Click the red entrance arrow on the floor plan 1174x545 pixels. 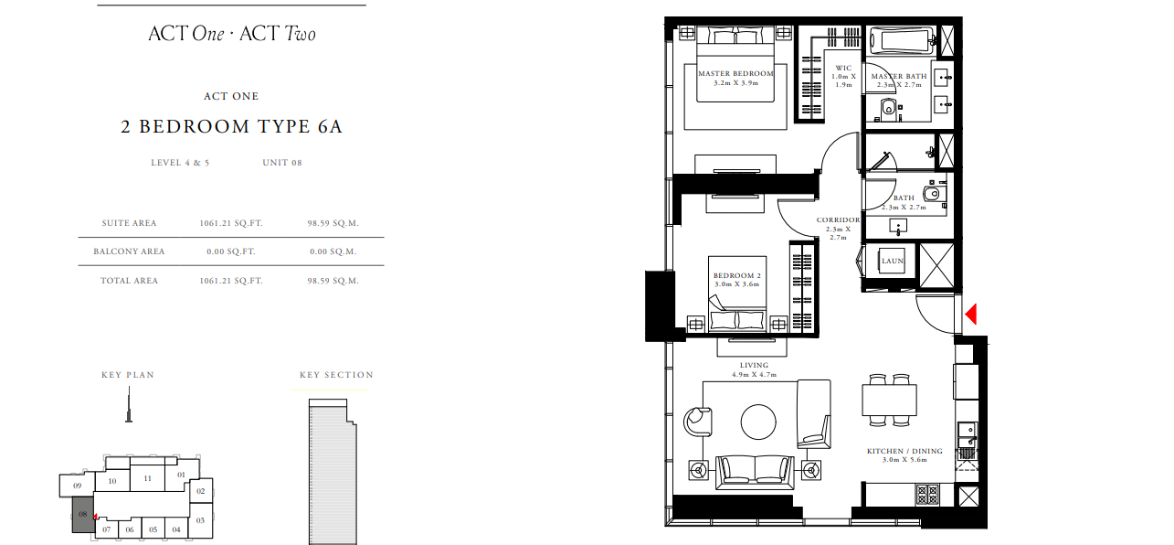coord(970,315)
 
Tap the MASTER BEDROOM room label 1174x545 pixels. coord(735,73)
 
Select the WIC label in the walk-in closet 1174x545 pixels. coord(843,69)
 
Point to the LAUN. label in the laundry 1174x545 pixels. coord(893,261)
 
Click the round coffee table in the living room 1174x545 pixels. coord(758,422)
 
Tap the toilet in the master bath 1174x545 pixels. coord(888,109)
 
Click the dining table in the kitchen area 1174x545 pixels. coord(890,400)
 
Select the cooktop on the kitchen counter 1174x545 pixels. coord(927,494)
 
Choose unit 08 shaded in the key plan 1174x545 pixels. coord(83,515)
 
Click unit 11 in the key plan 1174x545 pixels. coord(147,478)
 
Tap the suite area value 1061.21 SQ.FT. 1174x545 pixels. coord(230,223)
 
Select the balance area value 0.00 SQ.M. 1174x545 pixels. coord(333,251)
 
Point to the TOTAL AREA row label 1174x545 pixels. coord(129,281)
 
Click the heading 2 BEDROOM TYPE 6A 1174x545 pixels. coord(231,126)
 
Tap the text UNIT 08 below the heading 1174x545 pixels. coord(282,163)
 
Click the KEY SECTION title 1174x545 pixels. coord(336,375)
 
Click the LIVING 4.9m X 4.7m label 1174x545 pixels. coord(754,369)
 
